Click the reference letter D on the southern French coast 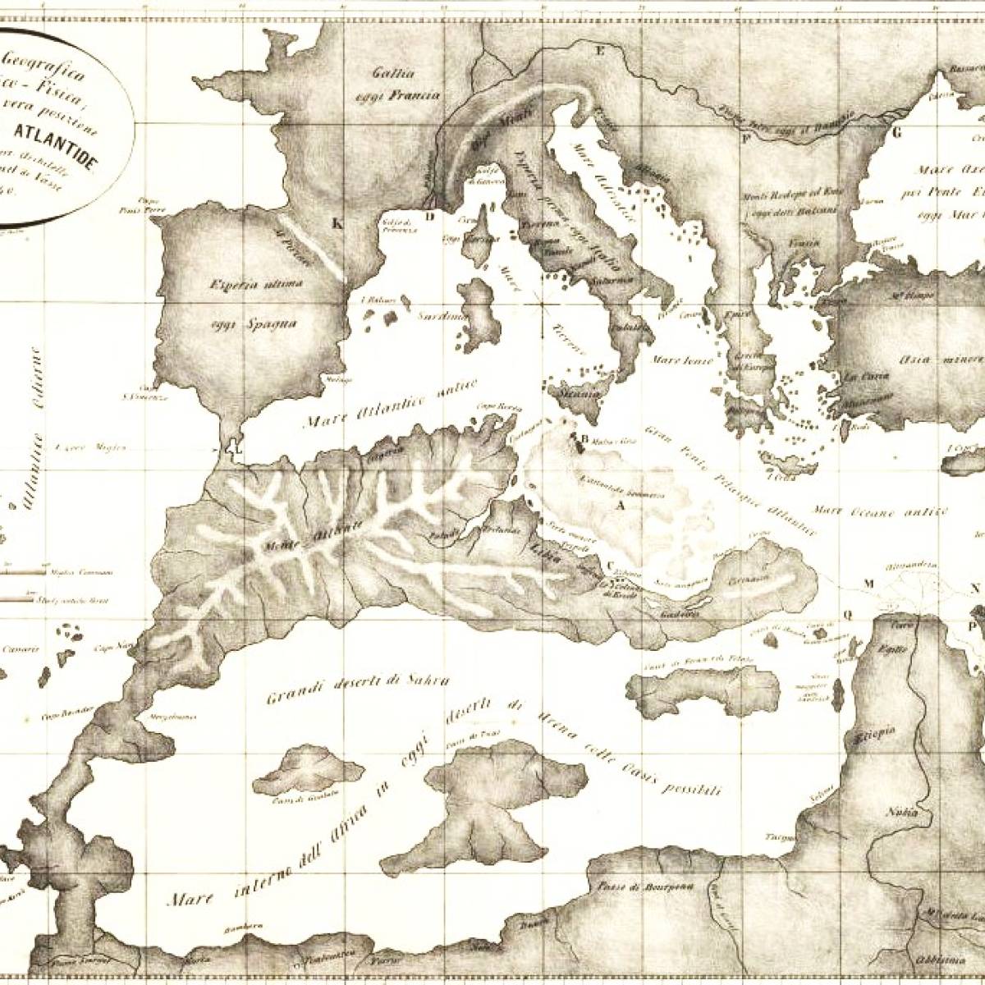click(429, 217)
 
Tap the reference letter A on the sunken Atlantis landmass click(621, 506)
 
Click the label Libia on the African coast click(546, 552)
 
